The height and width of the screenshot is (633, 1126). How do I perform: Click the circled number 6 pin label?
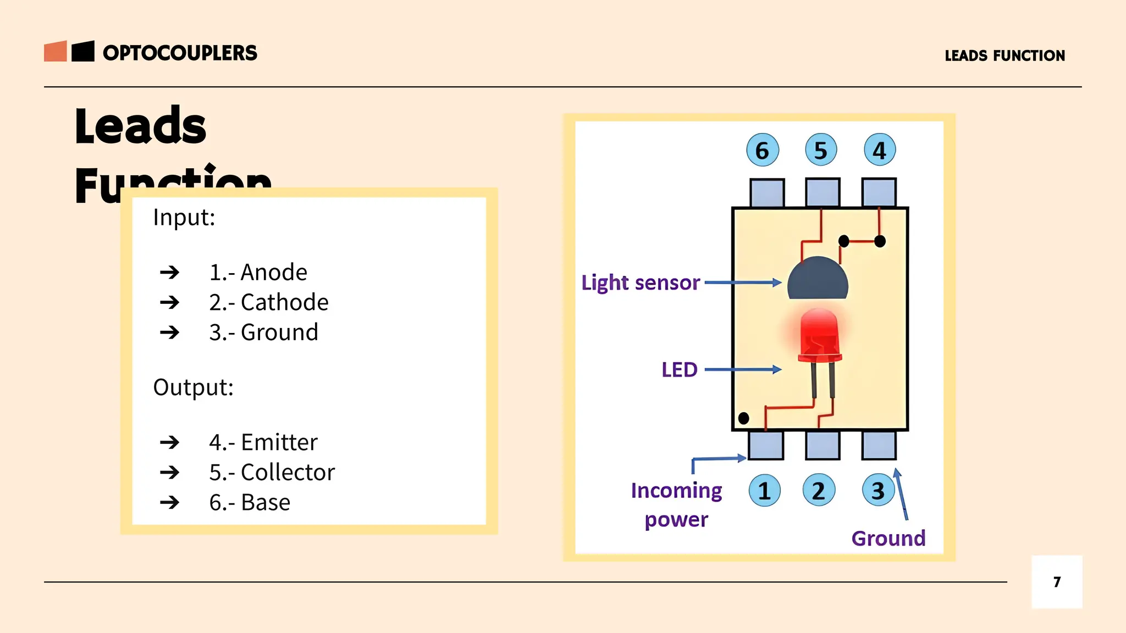point(763,149)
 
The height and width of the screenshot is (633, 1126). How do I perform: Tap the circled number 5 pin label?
point(821,149)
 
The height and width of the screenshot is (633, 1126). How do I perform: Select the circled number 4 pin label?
point(880,149)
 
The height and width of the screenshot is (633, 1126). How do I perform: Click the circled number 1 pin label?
point(764,490)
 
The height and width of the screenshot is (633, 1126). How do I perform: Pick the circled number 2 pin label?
point(819,490)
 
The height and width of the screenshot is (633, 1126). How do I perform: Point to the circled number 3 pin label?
point(878,490)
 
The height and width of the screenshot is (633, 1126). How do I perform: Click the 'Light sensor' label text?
point(641,282)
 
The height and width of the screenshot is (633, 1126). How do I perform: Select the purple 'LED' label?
point(679,370)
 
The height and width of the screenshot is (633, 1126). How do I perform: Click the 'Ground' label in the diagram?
point(888,538)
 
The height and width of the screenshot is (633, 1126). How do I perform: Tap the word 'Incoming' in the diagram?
point(676,490)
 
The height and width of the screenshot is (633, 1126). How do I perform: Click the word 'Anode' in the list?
point(274,273)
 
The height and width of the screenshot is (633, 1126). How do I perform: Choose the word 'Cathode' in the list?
point(284,302)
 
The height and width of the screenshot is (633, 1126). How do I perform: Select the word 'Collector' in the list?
point(288,473)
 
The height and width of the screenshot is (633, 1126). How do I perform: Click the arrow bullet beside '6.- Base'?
point(170,502)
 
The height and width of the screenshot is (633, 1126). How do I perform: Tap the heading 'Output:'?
point(194,387)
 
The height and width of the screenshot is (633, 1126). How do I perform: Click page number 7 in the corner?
point(1057,582)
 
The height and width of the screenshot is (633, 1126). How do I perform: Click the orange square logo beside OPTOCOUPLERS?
point(56,51)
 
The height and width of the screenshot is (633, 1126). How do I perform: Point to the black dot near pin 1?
point(743,418)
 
